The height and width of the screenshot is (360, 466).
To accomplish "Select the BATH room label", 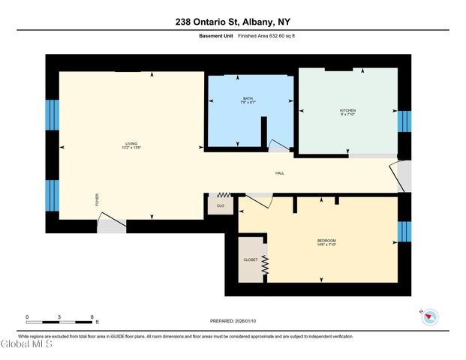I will click(248, 99).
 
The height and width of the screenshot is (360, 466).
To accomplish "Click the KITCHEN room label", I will click(347, 110).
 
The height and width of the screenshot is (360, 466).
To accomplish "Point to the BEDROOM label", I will click(326, 240).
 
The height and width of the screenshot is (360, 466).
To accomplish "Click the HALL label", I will click(279, 173).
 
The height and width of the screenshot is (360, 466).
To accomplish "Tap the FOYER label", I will click(97, 199).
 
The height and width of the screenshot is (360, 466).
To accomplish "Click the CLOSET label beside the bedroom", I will click(250, 259).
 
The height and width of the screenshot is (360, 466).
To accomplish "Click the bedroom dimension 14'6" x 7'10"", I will click(326, 244).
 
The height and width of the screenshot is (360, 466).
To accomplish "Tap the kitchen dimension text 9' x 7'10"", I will click(347, 115).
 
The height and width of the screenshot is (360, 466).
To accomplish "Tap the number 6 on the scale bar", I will click(92, 318).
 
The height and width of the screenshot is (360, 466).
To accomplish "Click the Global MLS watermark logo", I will click(27, 344).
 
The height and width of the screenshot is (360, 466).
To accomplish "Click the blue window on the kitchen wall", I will click(404, 121).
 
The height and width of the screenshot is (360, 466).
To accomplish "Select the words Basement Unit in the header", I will click(216, 36).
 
